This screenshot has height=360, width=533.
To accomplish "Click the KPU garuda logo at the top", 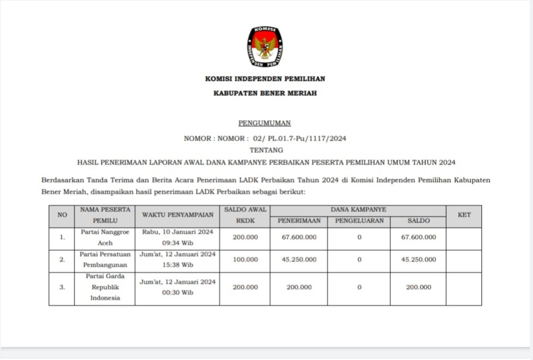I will tap(265, 46).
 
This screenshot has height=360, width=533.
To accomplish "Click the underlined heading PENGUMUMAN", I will tap(265, 123).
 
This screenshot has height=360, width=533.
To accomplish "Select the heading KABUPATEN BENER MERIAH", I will tap(265, 93).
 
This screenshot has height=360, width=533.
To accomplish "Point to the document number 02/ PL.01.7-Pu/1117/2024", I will tap(300, 138).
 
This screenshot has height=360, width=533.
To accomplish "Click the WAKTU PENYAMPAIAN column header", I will tap(177, 215).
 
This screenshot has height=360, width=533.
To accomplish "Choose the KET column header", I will tap(463, 215).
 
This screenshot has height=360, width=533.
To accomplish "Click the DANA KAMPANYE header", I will tap(358, 210).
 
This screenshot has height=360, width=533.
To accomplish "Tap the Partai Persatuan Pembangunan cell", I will tap(105, 259).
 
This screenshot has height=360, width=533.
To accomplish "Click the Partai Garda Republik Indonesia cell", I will tap(105, 287).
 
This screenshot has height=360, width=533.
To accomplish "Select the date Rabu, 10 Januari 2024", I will tap(177, 232).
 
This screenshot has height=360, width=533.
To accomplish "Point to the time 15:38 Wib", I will tap(177, 265).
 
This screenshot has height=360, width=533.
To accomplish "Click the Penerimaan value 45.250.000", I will tap(299, 259).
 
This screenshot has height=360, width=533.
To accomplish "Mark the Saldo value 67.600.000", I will tap(418, 237).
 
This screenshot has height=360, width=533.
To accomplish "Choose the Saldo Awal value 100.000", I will tap(245, 259).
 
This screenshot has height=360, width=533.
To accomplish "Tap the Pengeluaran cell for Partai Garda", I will tap(359, 287).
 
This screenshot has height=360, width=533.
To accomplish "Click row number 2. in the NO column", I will tap(62, 259).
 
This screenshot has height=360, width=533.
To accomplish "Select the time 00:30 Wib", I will tap(177, 292).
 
